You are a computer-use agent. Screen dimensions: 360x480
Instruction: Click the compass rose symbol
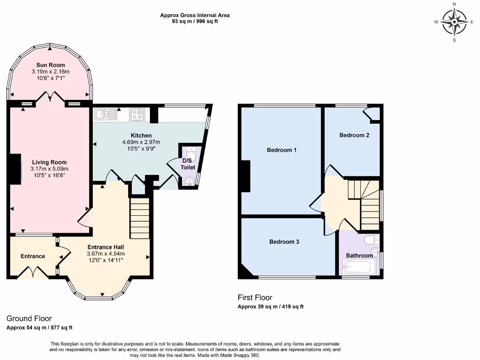[454, 22]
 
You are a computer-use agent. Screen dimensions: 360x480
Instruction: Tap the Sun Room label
[50, 65]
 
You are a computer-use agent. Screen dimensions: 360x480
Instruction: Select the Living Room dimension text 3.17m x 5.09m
[50, 169]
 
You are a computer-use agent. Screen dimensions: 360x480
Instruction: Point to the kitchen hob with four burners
[138, 114]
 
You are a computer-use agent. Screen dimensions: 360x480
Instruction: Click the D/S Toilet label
[188, 164]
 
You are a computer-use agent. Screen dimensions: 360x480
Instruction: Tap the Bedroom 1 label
[281, 150]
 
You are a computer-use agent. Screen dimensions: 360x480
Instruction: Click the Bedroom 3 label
[284, 242]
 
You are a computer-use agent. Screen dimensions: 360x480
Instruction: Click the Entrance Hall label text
[105, 247]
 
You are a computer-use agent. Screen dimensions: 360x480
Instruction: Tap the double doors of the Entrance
[33, 272]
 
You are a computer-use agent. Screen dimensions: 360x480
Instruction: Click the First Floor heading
[255, 298]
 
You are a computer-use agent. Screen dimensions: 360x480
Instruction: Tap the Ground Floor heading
[29, 318]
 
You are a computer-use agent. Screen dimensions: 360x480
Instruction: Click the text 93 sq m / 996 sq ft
[195, 21]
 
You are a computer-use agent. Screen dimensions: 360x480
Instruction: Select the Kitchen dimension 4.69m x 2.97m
[141, 142]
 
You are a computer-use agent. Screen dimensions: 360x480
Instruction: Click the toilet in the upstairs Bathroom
[370, 241]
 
